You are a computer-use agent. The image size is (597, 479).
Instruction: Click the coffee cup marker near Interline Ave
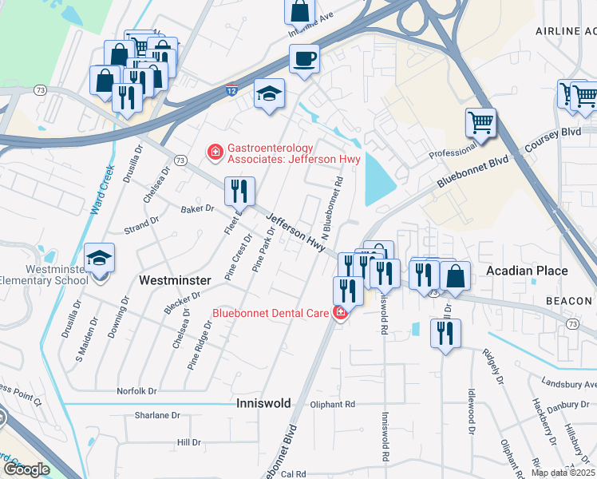[x=304, y=58]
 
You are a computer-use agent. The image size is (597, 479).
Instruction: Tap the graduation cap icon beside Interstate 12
[x=270, y=93]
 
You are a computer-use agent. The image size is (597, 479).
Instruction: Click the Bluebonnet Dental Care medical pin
[x=341, y=312]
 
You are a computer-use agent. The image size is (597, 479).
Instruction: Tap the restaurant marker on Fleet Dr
[x=239, y=191]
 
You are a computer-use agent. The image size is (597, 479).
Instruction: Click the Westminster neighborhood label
[x=175, y=280]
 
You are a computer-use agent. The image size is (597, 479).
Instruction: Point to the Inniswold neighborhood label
[x=262, y=404]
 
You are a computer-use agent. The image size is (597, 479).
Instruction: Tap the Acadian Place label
[x=528, y=271]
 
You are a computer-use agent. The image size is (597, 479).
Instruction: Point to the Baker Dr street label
[x=198, y=208]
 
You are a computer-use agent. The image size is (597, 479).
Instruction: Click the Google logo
[x=26, y=469]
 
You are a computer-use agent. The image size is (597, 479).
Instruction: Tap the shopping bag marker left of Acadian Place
[x=455, y=275]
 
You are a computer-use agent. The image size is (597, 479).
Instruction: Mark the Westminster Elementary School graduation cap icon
[x=100, y=258]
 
